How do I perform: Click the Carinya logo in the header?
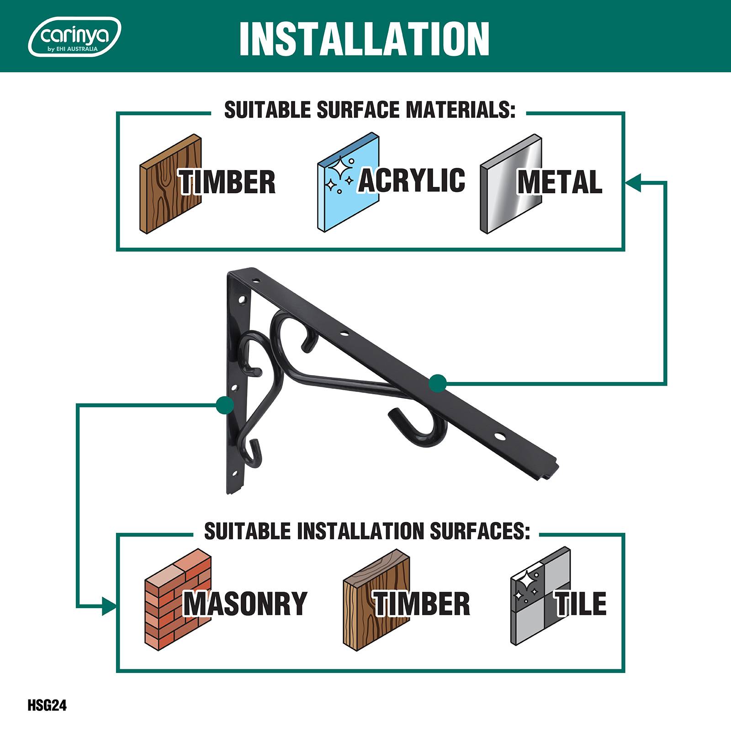[74, 37]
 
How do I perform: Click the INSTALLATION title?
[364, 39]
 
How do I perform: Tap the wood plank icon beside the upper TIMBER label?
[170, 184]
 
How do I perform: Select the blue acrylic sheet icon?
[348, 183]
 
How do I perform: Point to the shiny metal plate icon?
[511, 184]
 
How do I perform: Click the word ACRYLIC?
[412, 180]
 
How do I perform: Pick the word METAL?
[560, 182]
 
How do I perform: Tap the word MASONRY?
[245, 604]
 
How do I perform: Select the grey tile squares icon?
[540, 596]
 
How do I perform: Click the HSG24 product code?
[47, 705]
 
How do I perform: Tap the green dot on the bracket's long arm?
[438, 383]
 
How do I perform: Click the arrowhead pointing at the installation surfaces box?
[109, 606]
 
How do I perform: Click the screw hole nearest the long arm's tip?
[501, 437]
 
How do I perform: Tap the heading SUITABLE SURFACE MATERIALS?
[370, 110]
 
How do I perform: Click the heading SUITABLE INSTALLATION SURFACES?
[367, 531]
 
